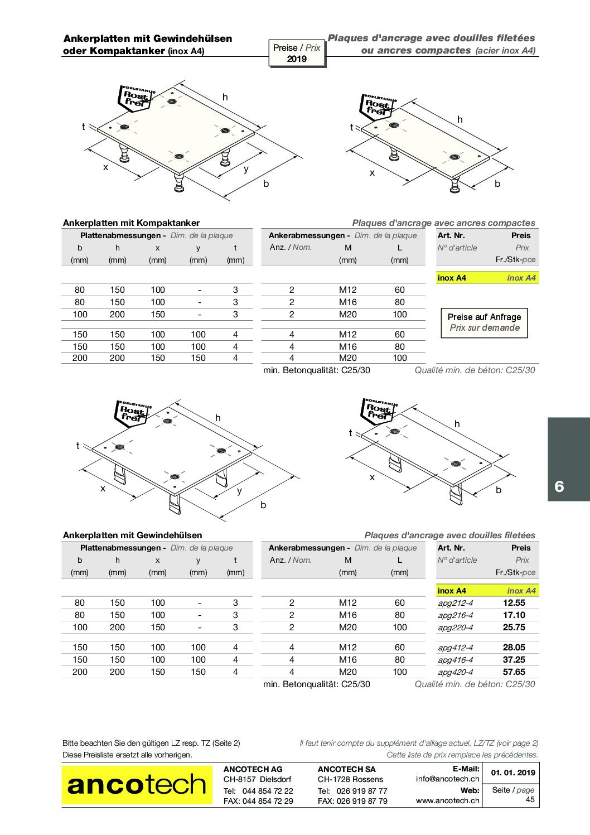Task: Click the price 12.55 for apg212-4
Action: pos(514,603)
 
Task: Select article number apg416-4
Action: pos(455,660)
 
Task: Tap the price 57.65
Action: pos(514,672)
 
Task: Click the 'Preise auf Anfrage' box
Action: pos(484,322)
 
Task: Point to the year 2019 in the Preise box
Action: pos(297,59)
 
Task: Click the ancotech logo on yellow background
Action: pos(137,785)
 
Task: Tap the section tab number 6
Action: pos(559,486)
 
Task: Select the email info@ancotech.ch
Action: pos(447,779)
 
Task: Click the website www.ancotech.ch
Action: pos(447,800)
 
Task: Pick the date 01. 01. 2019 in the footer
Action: pos(512,773)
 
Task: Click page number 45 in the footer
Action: pos(530,799)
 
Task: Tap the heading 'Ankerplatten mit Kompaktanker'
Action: pos(131,223)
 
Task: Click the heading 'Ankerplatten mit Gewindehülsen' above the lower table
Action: pos(132,535)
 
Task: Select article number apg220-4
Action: pos(455,628)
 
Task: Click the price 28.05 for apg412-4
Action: pos(514,648)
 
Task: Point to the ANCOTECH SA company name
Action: pos(346,769)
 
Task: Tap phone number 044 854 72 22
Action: pos(268,791)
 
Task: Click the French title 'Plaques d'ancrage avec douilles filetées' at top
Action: pos(431,38)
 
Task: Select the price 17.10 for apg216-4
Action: pos(514,615)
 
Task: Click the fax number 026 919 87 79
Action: pos(362,801)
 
